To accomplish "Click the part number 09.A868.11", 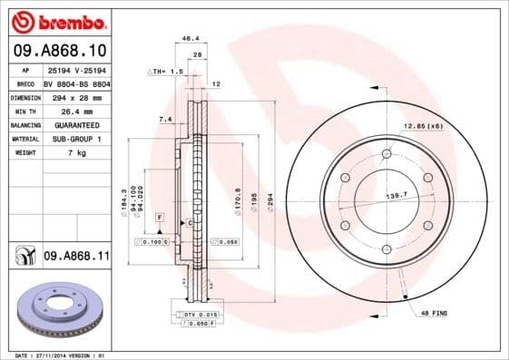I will (x=75, y=258).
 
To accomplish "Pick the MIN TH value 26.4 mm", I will (x=64, y=110).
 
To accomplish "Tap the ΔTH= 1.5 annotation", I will (x=166, y=71).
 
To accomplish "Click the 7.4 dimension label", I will (x=165, y=119).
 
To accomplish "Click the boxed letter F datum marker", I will (x=159, y=219).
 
